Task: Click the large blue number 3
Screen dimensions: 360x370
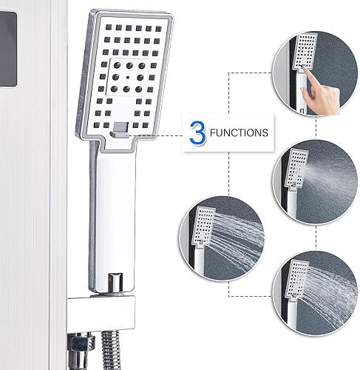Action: coord(198,132)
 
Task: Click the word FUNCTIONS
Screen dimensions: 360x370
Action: coord(239,132)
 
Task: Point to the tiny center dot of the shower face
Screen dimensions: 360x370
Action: coord(127,78)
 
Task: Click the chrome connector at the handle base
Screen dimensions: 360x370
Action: coord(115,283)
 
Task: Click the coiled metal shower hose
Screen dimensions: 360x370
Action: coord(112,350)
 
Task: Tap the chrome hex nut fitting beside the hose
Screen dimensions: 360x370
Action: coord(79,346)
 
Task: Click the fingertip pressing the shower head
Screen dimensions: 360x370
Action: coord(305,70)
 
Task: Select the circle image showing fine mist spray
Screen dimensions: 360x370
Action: coord(316,182)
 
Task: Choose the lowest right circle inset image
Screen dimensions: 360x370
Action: coord(315,293)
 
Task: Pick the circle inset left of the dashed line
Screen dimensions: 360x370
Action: coord(222,238)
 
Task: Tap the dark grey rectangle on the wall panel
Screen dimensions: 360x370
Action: coord(8,49)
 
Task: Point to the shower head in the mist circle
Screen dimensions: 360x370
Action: coord(296,169)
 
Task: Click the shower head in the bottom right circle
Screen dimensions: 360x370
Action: coord(298,280)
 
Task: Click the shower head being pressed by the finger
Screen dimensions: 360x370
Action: coord(304,52)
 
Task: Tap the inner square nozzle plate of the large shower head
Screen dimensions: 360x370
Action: coord(127,78)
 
